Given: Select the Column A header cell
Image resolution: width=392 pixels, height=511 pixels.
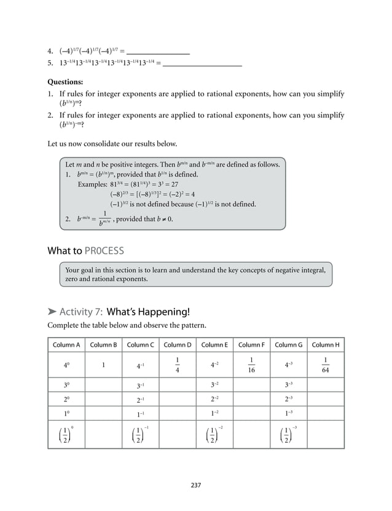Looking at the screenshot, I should (66, 344).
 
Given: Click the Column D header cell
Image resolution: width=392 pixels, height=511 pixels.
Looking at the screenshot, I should (178, 344).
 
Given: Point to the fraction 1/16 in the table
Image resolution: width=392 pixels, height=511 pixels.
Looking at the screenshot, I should (251, 365).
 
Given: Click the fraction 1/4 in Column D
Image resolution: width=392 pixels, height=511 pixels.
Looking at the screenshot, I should (178, 365).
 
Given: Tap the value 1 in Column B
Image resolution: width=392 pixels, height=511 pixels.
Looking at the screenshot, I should (103, 365).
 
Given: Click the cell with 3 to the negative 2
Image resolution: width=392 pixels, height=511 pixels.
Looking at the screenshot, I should (214, 386).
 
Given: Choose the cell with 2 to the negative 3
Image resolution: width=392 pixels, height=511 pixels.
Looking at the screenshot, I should (288, 400).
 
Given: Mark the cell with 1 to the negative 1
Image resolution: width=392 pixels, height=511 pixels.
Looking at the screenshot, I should (141, 414).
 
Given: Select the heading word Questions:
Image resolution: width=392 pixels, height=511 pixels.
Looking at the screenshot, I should (66, 81).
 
